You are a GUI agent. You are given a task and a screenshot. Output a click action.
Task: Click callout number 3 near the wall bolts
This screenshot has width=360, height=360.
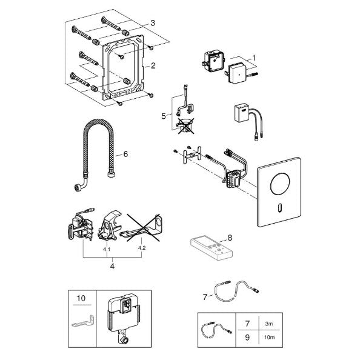tap(153, 23)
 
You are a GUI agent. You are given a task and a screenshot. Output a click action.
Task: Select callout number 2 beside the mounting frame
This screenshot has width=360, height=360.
tap(153, 65)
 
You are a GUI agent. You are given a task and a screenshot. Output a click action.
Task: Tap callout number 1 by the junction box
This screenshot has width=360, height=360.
tap(254, 58)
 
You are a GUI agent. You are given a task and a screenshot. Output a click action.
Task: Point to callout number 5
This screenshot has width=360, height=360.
tap(164, 116)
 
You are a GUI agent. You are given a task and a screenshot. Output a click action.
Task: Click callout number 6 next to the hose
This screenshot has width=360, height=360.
tap(125, 154)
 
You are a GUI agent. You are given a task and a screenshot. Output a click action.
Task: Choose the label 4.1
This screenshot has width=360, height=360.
tap(107, 249)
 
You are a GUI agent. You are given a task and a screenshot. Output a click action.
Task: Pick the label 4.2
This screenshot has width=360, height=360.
tap(142, 248)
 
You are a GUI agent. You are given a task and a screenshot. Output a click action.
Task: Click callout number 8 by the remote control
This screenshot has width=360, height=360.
tap(230, 238)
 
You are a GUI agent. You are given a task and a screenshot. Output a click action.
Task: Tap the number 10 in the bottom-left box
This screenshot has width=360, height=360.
tap(81, 298)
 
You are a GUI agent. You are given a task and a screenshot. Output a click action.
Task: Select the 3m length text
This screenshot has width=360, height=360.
tap(269, 324)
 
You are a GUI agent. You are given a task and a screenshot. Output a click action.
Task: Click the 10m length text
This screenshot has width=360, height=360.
tap(269, 337)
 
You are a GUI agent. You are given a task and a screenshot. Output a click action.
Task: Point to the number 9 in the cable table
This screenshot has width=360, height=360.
tap(247, 337)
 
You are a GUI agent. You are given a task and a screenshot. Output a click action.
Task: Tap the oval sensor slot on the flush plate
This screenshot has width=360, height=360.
tap(279, 207)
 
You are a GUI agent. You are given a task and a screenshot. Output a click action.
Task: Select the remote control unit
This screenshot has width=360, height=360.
tap(212, 248)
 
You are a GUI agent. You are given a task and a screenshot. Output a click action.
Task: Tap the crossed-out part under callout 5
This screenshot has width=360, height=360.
tap(185, 126)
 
